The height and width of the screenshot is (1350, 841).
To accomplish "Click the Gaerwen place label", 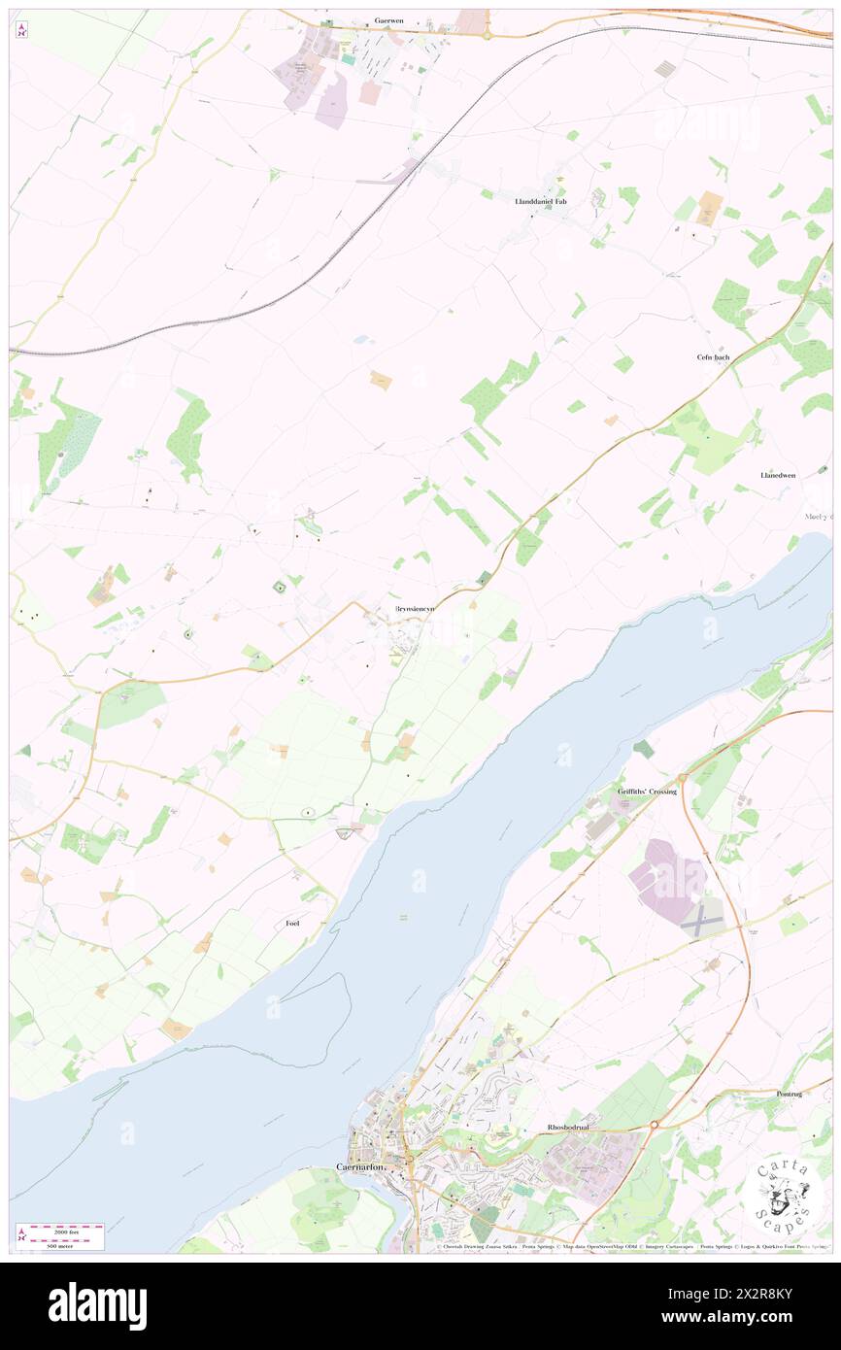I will [394, 19].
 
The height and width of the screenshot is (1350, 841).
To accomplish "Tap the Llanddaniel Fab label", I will [540, 201].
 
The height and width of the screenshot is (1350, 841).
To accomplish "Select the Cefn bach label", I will [713, 357].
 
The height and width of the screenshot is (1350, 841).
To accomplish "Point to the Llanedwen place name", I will [778, 475].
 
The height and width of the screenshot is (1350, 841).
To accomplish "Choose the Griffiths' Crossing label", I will [647, 792].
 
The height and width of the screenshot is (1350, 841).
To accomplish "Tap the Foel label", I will [292, 923].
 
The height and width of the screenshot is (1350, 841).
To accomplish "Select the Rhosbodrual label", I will [568, 1127].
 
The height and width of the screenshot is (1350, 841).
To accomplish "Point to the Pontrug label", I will [790, 1094].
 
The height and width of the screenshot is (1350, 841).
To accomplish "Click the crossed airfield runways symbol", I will [702, 921].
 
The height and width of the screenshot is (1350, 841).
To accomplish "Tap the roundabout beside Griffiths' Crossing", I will [683, 778].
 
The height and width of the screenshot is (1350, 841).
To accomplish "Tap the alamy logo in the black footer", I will [97, 1306].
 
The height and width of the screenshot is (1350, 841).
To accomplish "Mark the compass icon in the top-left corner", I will [21, 30].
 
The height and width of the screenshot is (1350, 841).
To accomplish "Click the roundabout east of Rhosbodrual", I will [655, 1125].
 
